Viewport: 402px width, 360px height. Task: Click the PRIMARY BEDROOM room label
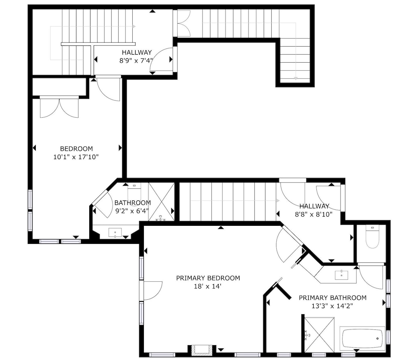pyautogui.click(x=208, y=278)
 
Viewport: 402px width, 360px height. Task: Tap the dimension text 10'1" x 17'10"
pyautogui.click(x=76, y=157)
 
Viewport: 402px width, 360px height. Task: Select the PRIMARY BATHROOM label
pyautogui.click(x=332, y=298)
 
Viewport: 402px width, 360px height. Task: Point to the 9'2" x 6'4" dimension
pyautogui.click(x=132, y=211)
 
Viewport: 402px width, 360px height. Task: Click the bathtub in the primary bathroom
pyautogui.click(x=362, y=338)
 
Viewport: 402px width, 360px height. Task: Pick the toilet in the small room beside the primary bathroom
pyautogui.click(x=372, y=237)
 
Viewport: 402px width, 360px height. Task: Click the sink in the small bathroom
pyautogui.click(x=115, y=233)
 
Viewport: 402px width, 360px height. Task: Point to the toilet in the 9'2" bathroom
pyautogui.click(x=134, y=194)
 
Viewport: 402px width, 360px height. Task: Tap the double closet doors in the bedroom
pyautogui.click(x=59, y=108)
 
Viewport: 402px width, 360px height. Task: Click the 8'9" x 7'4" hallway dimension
pyautogui.click(x=136, y=61)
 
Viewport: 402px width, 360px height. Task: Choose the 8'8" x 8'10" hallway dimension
pyautogui.click(x=314, y=214)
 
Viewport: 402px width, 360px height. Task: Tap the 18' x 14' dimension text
pyautogui.click(x=208, y=286)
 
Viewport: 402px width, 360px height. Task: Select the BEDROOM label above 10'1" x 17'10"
pyautogui.click(x=76, y=149)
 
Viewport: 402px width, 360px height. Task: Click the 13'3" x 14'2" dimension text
pyautogui.click(x=332, y=306)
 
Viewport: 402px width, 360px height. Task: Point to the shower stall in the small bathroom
pyautogui.click(x=162, y=202)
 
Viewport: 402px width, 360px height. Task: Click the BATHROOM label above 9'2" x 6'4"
pyautogui.click(x=133, y=203)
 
